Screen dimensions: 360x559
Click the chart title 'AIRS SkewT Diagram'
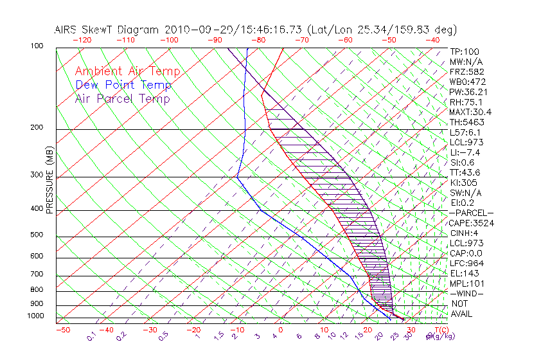(x=107, y=30)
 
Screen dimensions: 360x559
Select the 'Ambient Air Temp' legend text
(x=127, y=71)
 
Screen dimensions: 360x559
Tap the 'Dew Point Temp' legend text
(x=123, y=85)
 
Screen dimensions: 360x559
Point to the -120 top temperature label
(x=82, y=40)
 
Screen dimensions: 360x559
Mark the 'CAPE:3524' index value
(x=468, y=223)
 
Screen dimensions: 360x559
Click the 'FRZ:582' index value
(x=466, y=71)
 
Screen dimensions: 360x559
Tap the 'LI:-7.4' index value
(x=465, y=152)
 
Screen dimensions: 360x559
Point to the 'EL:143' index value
(x=464, y=273)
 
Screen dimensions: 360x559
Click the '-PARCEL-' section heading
(x=471, y=213)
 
